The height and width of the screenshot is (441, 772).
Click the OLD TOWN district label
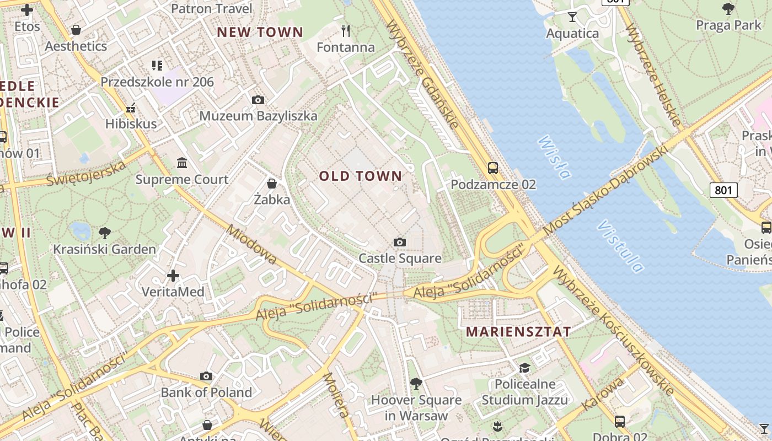[361, 176]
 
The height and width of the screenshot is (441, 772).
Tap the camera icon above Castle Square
[400, 243]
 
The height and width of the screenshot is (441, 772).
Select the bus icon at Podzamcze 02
[493, 168]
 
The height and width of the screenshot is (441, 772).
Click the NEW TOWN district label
[260, 32]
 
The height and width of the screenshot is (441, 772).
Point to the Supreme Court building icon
[182, 163]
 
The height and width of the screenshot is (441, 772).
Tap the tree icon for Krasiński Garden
[104, 233]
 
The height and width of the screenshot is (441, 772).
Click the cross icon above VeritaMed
[173, 275]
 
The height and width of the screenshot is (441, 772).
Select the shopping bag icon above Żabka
[271, 183]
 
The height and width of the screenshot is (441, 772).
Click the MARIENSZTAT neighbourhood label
[518, 332]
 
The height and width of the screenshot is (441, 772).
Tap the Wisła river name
[553, 158]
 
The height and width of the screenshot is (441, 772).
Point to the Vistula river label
[620, 246]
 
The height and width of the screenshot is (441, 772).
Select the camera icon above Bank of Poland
[206, 377]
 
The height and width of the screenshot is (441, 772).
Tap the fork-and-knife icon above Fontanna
[346, 30]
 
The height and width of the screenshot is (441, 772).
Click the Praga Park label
[728, 25]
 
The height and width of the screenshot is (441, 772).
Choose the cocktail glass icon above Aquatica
[572, 17]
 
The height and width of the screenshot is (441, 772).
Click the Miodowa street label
[251, 245]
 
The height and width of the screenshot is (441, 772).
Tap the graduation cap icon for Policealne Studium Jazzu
[524, 368]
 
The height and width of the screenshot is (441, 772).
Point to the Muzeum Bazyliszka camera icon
[258, 100]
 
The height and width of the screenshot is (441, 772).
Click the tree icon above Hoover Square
[416, 384]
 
